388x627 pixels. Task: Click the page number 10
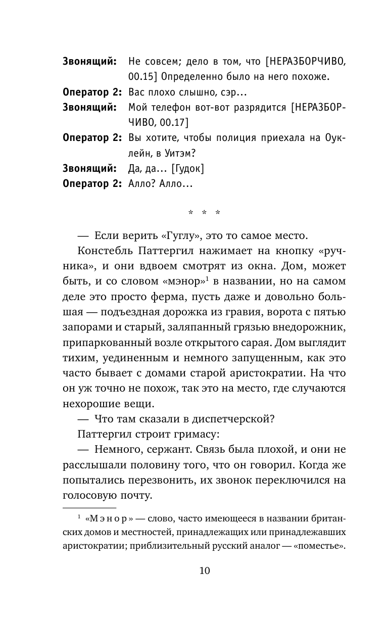[204, 571]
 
